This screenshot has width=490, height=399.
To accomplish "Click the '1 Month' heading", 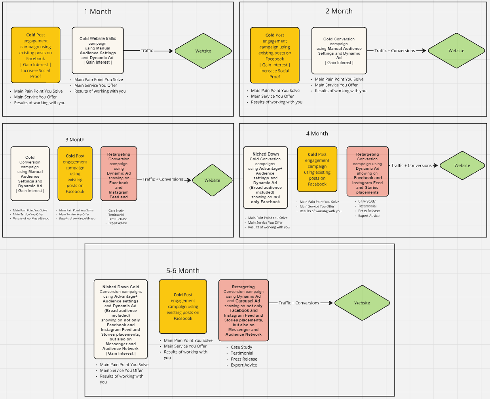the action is tap(97, 11).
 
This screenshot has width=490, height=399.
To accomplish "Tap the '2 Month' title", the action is tap(339, 11).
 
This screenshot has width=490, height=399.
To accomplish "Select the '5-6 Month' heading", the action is tap(182, 271).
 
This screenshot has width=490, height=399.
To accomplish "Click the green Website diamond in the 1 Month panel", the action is tap(203, 51).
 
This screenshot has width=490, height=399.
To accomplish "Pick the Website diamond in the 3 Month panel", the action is tap(212, 180).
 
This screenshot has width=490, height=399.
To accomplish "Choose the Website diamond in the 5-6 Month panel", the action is tap(362, 303).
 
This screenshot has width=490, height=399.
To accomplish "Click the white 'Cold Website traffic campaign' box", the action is tap(98, 50).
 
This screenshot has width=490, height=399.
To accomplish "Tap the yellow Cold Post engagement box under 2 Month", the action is tap(275, 55).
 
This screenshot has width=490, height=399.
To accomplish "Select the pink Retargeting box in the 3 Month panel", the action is tap(119, 174).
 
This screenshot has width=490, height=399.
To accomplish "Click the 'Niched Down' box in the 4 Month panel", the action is tap(266, 178).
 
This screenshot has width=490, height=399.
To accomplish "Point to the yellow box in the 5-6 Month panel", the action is tap(183, 306).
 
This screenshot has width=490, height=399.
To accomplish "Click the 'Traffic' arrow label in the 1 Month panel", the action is tap(147, 50).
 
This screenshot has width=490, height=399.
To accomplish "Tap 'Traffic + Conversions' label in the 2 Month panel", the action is tap(395, 51).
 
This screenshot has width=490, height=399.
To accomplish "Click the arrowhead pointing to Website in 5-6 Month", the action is tap(331, 303).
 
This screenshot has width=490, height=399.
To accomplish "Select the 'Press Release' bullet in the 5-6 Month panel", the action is tap(244, 359).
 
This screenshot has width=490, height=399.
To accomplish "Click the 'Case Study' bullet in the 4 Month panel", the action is tap(367, 201).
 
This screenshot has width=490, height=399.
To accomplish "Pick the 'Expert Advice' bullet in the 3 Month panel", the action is tap(118, 223).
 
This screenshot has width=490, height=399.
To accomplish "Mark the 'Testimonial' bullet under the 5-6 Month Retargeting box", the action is tap(242, 353).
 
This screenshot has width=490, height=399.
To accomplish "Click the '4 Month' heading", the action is tap(317, 133).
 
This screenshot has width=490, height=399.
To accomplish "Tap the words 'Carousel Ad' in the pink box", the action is tap(248, 301).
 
